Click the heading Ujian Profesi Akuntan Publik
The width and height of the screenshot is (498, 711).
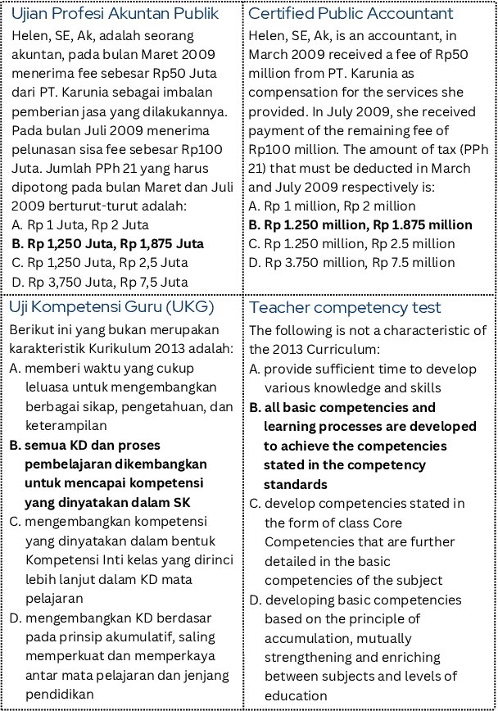point(115,14)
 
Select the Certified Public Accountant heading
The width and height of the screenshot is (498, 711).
point(350,14)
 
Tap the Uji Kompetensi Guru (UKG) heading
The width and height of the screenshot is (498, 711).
point(111,307)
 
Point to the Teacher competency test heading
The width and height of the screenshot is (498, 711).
point(345,307)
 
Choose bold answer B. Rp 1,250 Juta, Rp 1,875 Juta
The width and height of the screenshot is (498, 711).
point(107,243)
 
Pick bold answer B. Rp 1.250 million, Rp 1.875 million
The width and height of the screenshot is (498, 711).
point(360,224)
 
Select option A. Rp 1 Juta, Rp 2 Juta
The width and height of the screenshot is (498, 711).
point(80,224)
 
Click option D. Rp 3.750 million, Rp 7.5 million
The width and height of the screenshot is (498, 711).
point(351,262)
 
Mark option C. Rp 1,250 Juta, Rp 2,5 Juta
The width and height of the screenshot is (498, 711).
point(100,262)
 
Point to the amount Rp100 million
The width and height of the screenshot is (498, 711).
point(283,149)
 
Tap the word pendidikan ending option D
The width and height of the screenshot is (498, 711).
point(58,694)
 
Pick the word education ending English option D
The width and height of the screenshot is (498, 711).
point(296,695)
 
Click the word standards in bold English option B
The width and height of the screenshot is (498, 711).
point(296,484)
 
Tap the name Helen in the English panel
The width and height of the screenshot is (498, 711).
point(266,36)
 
